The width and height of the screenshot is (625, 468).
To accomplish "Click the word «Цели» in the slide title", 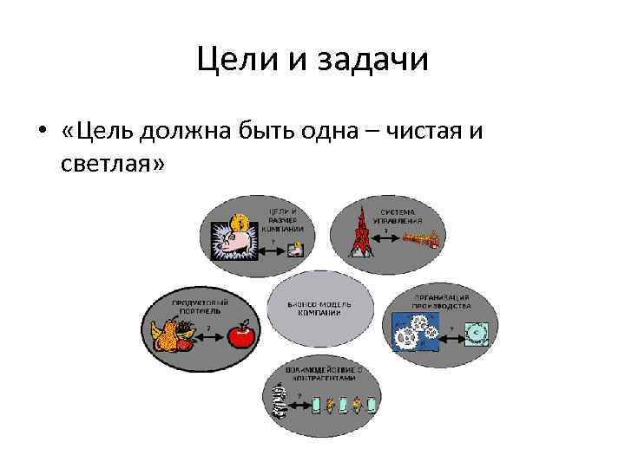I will pos(227,60).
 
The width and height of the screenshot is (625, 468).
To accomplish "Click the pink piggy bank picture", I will pos(229,238).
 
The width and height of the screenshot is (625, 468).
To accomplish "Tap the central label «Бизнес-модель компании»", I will pos(319,308).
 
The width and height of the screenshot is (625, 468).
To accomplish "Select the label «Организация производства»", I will pos(442,302).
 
